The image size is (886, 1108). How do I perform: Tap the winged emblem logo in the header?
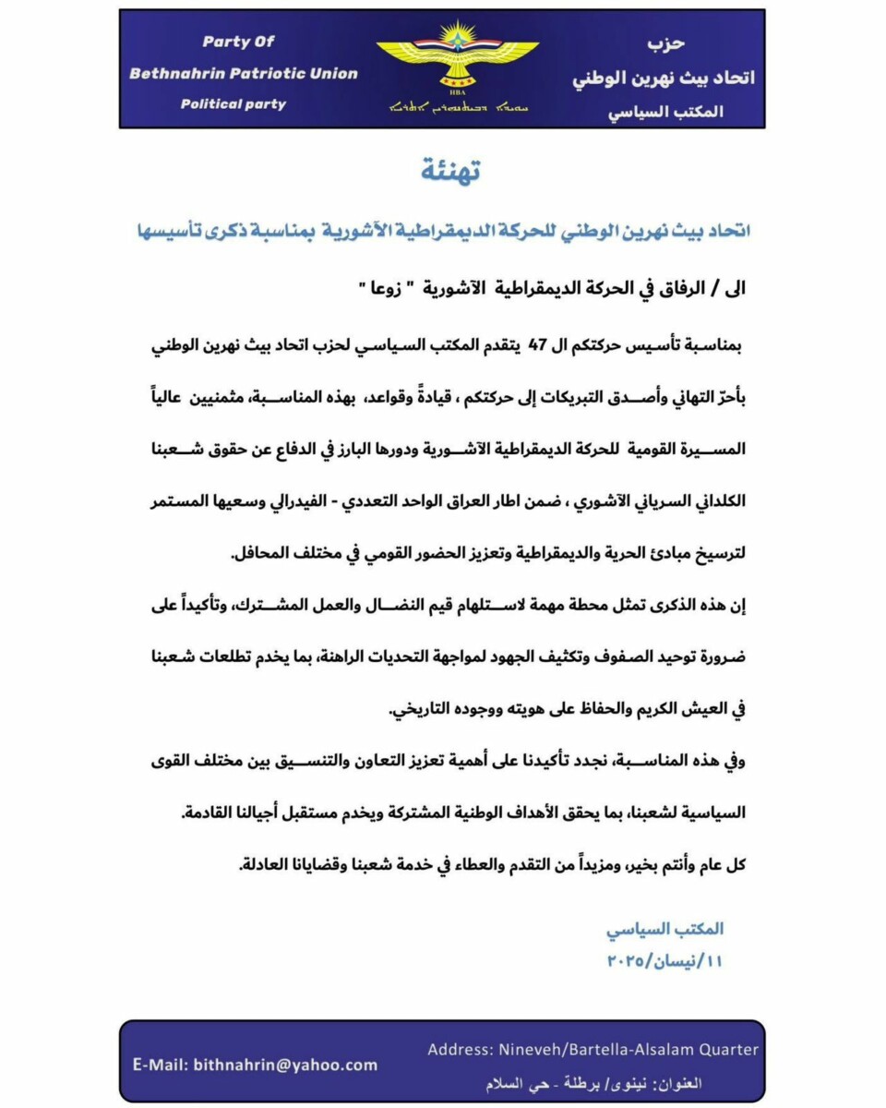[457, 57]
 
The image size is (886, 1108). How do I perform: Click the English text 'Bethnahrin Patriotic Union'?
[244, 73]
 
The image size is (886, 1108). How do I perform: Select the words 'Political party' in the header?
[233, 103]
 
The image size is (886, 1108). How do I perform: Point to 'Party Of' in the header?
[238, 42]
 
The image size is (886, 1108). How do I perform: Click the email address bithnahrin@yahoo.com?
[285, 1065]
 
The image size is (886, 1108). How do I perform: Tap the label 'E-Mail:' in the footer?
[161, 1065]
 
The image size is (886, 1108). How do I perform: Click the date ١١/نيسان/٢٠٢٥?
[664, 961]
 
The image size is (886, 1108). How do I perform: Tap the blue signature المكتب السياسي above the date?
[664, 929]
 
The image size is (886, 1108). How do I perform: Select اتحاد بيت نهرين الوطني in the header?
[664, 78]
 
